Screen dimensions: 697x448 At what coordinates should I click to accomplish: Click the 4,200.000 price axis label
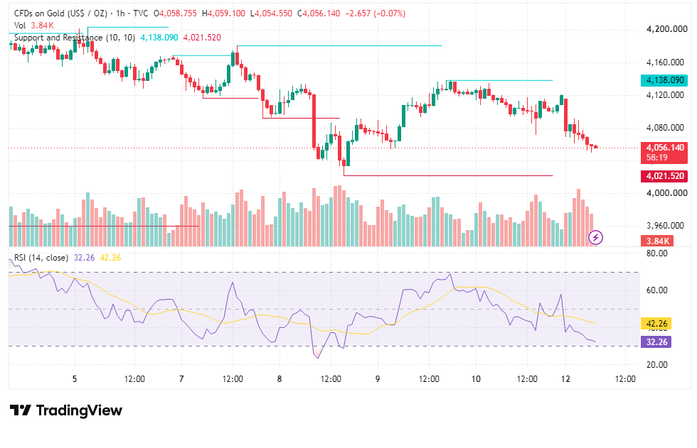point(666,29)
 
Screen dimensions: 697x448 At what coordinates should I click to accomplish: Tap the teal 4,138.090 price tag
point(664,80)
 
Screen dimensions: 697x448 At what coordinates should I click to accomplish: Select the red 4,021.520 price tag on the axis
point(664,176)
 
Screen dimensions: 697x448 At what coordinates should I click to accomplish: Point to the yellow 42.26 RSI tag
point(656,323)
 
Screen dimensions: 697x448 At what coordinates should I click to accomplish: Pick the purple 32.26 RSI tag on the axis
point(656,342)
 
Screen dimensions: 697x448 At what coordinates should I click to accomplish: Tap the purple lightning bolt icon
point(596,238)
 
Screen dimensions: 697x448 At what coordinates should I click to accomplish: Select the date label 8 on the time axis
point(279,379)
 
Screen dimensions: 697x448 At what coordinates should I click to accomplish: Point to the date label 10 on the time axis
point(476,379)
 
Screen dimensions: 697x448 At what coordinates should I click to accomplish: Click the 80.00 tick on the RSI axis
point(656,253)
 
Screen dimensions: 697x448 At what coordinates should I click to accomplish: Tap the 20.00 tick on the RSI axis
point(656,365)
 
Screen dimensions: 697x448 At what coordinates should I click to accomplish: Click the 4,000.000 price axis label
point(666,193)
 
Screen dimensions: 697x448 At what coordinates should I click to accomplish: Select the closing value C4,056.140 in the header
point(321,13)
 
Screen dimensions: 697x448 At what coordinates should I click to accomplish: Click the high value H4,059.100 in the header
point(223,13)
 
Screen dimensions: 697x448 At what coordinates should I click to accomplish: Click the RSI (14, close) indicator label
point(41,258)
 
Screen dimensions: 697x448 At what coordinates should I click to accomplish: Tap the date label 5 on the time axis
point(75,379)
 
